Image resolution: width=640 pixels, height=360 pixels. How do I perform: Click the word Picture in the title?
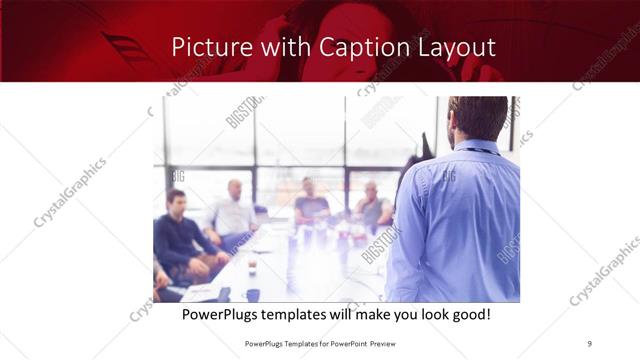(x=205, y=47)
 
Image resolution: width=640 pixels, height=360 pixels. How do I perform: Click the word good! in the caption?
(x=465, y=315)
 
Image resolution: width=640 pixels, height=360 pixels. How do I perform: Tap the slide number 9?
(x=590, y=343)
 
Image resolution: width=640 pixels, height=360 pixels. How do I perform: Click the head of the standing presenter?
(x=477, y=118)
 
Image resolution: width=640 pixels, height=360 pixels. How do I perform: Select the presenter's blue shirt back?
(x=460, y=220)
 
